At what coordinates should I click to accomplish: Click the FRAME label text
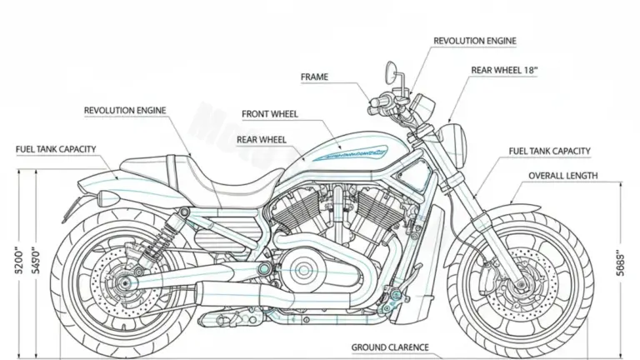pyautogui.click(x=314, y=77)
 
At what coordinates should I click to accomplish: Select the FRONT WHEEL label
pyautogui.click(x=270, y=114)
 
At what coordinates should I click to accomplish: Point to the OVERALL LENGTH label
pyautogui.click(x=562, y=176)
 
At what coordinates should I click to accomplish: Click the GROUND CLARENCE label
pyautogui.click(x=390, y=347)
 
